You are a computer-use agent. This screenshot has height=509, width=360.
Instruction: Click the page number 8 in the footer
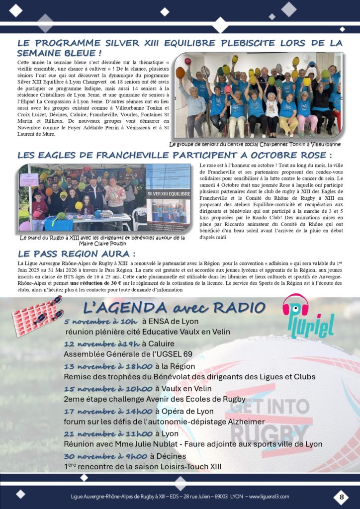tap(342, 496)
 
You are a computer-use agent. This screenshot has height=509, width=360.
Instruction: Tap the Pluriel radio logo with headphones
tap(308, 316)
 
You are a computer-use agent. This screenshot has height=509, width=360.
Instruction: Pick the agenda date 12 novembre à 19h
tap(102, 344)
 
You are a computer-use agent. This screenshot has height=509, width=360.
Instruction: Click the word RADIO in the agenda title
tap(241, 308)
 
